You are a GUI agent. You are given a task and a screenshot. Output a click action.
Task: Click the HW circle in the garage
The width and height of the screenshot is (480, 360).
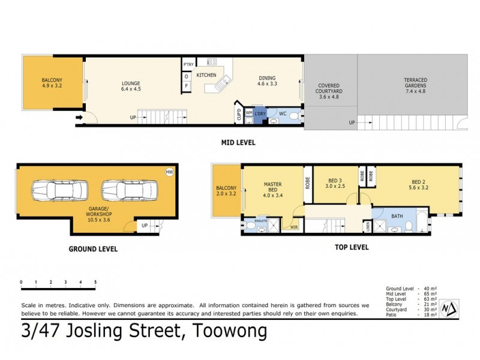click(169, 172)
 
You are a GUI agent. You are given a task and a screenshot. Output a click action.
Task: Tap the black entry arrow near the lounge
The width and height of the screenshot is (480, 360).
click(78, 118)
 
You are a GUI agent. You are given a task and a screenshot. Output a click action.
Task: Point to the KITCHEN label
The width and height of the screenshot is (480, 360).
click(206, 75)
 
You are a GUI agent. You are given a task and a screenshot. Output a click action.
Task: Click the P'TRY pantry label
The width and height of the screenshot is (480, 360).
click(187, 65)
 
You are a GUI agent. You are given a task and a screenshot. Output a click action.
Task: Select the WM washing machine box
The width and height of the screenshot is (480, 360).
click(248, 112)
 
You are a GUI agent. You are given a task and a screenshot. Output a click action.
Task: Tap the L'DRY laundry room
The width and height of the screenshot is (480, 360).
click(260, 113)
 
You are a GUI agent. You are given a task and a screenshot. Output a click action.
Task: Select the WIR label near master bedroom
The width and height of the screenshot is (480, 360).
click(294, 227)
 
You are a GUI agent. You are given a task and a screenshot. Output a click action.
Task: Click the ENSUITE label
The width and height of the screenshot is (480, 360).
click(261, 220)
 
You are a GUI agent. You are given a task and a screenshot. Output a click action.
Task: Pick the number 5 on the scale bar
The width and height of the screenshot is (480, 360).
click(95, 281)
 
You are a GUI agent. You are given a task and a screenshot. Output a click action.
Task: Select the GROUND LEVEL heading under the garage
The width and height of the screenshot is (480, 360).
click(92, 248)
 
